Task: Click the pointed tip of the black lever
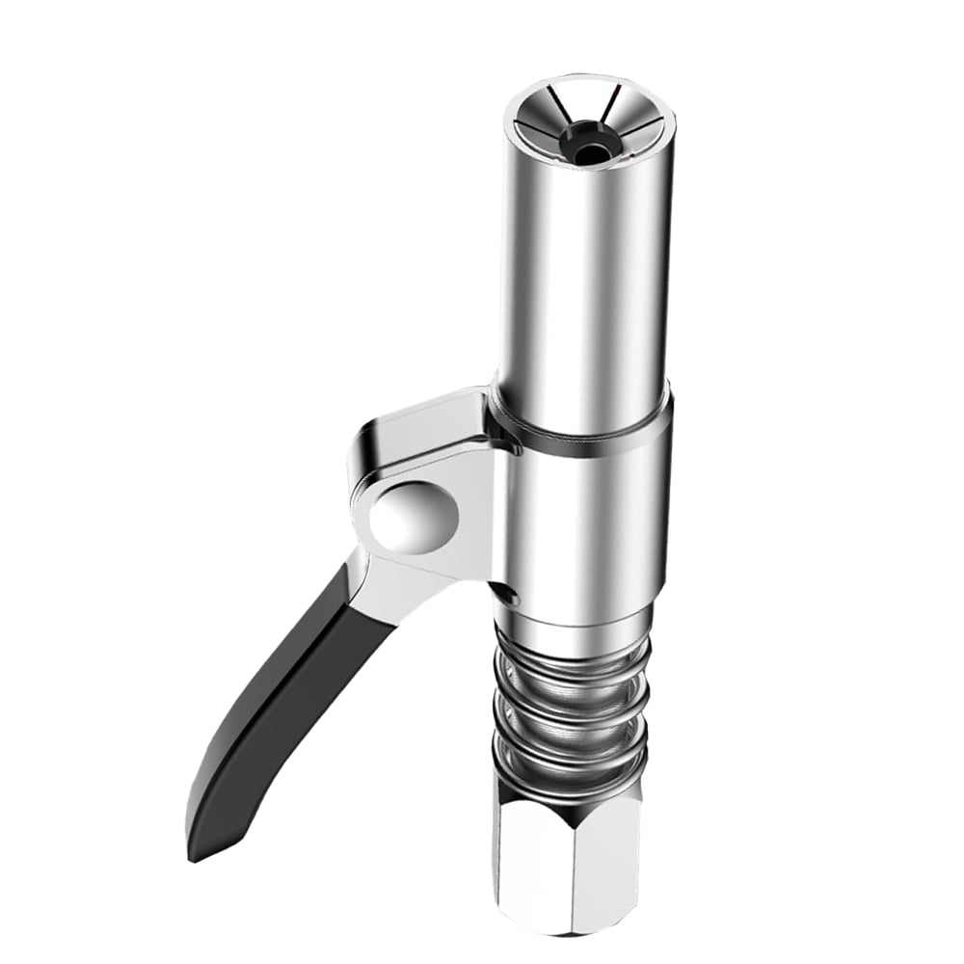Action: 196,853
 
